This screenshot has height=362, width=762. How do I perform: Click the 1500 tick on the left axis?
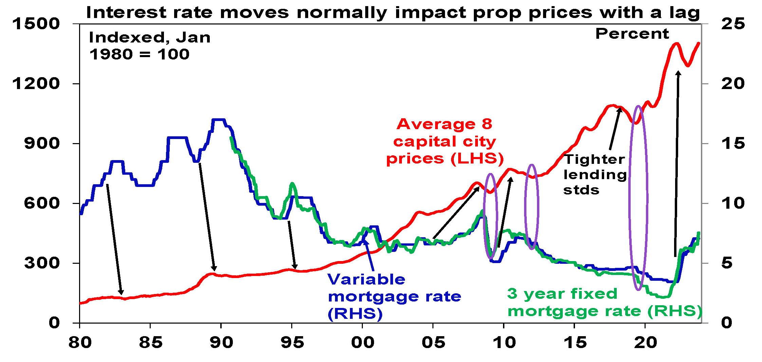tap(36, 24)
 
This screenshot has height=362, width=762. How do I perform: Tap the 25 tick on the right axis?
tap(733, 24)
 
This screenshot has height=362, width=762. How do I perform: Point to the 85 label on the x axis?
tap(151, 343)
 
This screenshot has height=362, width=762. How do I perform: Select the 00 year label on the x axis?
tap(363, 343)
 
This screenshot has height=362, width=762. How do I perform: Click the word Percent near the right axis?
tap(632, 34)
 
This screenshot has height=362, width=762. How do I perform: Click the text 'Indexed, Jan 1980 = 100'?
tap(149, 46)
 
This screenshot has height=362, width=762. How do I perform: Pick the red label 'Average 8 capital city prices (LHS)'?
tap(445, 141)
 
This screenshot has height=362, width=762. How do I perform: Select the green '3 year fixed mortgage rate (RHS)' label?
tap(604, 303)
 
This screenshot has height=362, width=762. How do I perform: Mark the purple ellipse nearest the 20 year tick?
tap(638, 198)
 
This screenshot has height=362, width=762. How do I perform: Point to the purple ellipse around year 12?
tap(532, 207)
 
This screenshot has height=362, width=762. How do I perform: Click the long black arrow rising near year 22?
tap(676, 163)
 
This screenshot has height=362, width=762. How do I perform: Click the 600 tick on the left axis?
tap(41, 203)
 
